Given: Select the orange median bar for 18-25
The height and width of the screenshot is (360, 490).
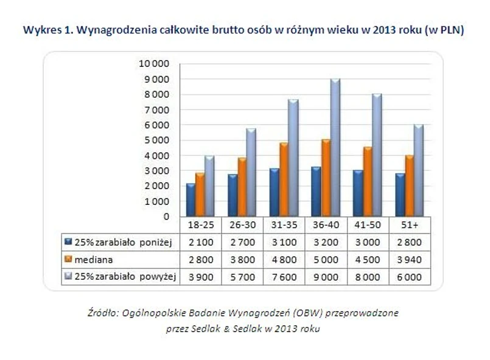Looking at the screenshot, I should click(200, 195).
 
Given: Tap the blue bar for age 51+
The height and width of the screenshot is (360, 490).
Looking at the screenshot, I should click(399, 195).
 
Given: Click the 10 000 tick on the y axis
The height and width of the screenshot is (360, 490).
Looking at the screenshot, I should click(155, 64).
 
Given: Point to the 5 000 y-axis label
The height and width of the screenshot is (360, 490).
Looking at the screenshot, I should click(157, 140).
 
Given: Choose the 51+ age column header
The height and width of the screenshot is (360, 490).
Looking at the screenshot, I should click(410, 224).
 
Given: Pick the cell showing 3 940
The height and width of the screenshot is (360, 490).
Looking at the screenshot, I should click(410, 260).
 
